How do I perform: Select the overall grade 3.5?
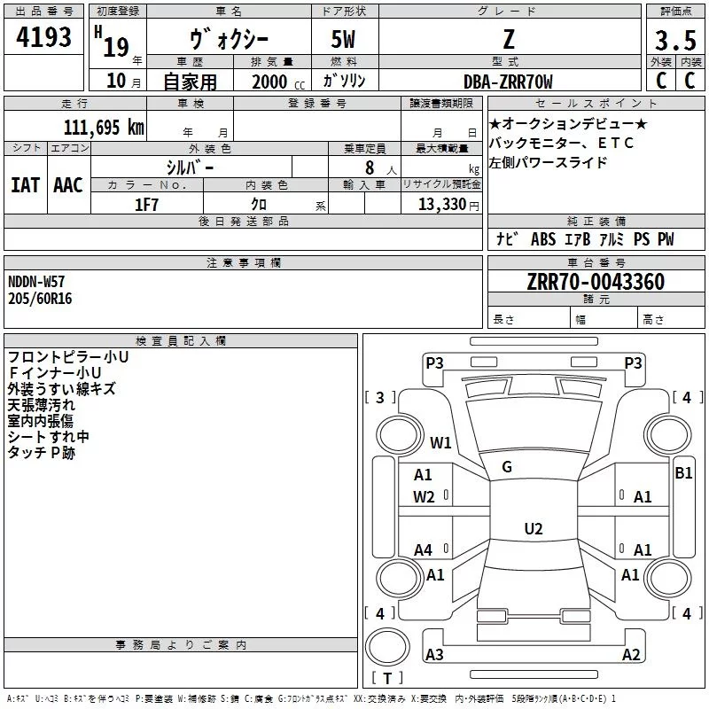click(x=674, y=41)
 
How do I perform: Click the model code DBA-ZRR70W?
click(x=508, y=82)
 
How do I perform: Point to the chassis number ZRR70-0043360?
click(x=596, y=283)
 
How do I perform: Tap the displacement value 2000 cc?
click(x=275, y=82)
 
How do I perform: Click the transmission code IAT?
click(x=25, y=184)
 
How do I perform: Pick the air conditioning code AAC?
click(x=68, y=184)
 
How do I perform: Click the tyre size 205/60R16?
click(x=41, y=299)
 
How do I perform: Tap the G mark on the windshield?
click(x=507, y=467)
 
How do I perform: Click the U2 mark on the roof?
click(x=533, y=529)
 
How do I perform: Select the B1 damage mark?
click(x=683, y=473)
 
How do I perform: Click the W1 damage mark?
click(x=440, y=442)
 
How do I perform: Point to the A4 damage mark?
click(x=424, y=550)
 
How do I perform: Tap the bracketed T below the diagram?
click(x=386, y=679)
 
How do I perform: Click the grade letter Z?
click(x=508, y=41)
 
